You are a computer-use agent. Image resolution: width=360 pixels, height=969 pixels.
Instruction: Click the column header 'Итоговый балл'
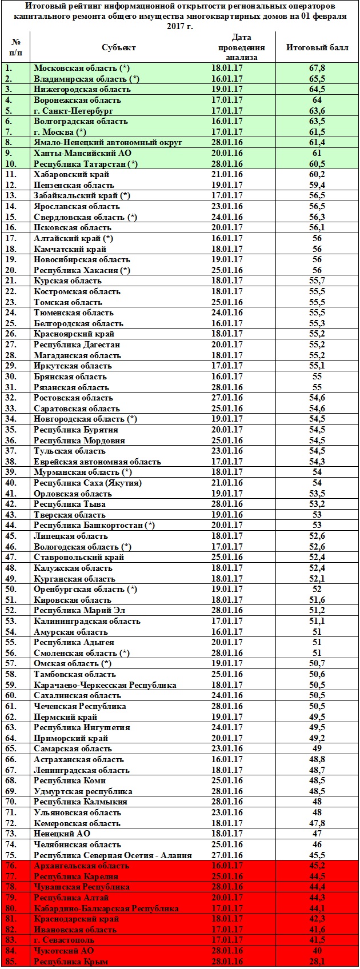pyautogui.click(x=317, y=47)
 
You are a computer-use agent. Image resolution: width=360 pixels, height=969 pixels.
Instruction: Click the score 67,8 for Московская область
pyautogui.click(x=317, y=68)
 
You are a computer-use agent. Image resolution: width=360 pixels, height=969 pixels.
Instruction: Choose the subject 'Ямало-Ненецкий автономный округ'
pyautogui.click(x=108, y=142)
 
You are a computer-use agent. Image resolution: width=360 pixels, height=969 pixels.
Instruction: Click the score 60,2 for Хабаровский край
pyautogui.click(x=317, y=174)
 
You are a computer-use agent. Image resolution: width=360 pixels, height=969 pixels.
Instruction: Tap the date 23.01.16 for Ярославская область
pyautogui.click(x=227, y=206)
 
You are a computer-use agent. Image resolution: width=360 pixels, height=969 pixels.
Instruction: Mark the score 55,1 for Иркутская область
pyautogui.click(x=317, y=366)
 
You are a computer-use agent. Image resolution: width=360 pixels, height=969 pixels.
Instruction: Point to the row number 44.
pyautogui.click(x=11, y=525)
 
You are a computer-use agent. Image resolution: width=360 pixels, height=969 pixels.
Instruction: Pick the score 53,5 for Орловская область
pyautogui.click(x=317, y=493)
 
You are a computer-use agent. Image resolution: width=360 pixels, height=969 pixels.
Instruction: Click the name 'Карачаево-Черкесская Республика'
pyautogui.click(x=105, y=685)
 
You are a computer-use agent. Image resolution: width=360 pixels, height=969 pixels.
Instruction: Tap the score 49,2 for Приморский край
pyautogui.click(x=317, y=738)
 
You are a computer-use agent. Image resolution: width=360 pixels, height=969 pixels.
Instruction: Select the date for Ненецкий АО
pyautogui.click(x=227, y=834)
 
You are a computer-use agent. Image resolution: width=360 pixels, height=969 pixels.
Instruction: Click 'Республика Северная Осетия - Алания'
pyautogui.click(x=113, y=855)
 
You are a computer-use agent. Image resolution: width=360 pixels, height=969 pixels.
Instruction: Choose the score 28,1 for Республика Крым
pyautogui.click(x=317, y=961)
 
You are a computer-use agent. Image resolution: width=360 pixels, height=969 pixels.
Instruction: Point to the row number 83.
pyautogui.click(x=11, y=940)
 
